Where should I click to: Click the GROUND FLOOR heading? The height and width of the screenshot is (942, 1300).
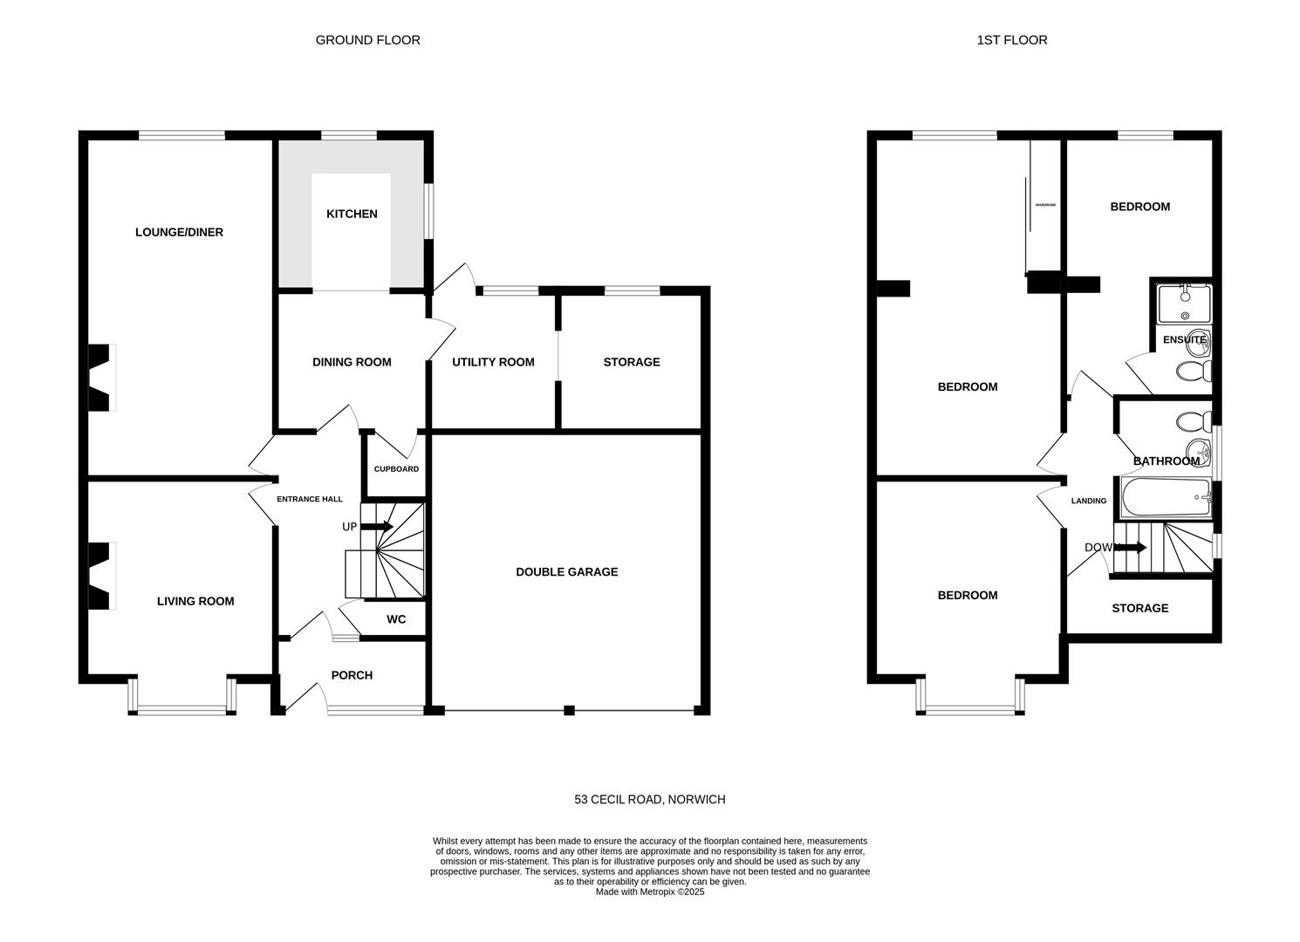(x=367, y=40)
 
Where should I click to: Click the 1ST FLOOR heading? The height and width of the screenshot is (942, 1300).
(x=1012, y=40)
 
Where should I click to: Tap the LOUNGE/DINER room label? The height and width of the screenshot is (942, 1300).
(x=179, y=232)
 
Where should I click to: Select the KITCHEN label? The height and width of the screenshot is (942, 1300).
(x=352, y=214)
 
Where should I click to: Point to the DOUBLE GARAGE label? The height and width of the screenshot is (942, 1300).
(x=566, y=572)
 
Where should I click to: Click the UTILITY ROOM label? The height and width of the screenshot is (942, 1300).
(x=493, y=362)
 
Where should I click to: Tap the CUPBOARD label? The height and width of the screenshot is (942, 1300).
(x=396, y=469)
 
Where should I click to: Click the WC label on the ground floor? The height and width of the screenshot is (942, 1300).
(x=396, y=619)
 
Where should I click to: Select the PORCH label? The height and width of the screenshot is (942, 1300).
(x=352, y=675)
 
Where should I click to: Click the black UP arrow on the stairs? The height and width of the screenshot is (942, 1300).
(x=377, y=526)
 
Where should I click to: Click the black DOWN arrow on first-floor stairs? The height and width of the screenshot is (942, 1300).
(x=1132, y=548)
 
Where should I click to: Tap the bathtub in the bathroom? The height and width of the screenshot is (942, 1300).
(x=1165, y=498)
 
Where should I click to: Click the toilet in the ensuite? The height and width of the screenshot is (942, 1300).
(x=1193, y=372)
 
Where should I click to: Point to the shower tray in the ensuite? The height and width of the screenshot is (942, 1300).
(x=1184, y=304)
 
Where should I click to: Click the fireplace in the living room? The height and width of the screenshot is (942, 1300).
(x=99, y=577)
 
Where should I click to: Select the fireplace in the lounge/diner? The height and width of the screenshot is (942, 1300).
(x=99, y=378)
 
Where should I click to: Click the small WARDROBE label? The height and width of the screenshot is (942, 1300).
(x=1045, y=205)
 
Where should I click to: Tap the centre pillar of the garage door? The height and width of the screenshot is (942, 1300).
(x=569, y=710)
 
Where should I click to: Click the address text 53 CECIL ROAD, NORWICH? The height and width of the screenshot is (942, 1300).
(x=649, y=800)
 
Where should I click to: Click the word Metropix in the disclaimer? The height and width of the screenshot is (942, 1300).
(x=659, y=892)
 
